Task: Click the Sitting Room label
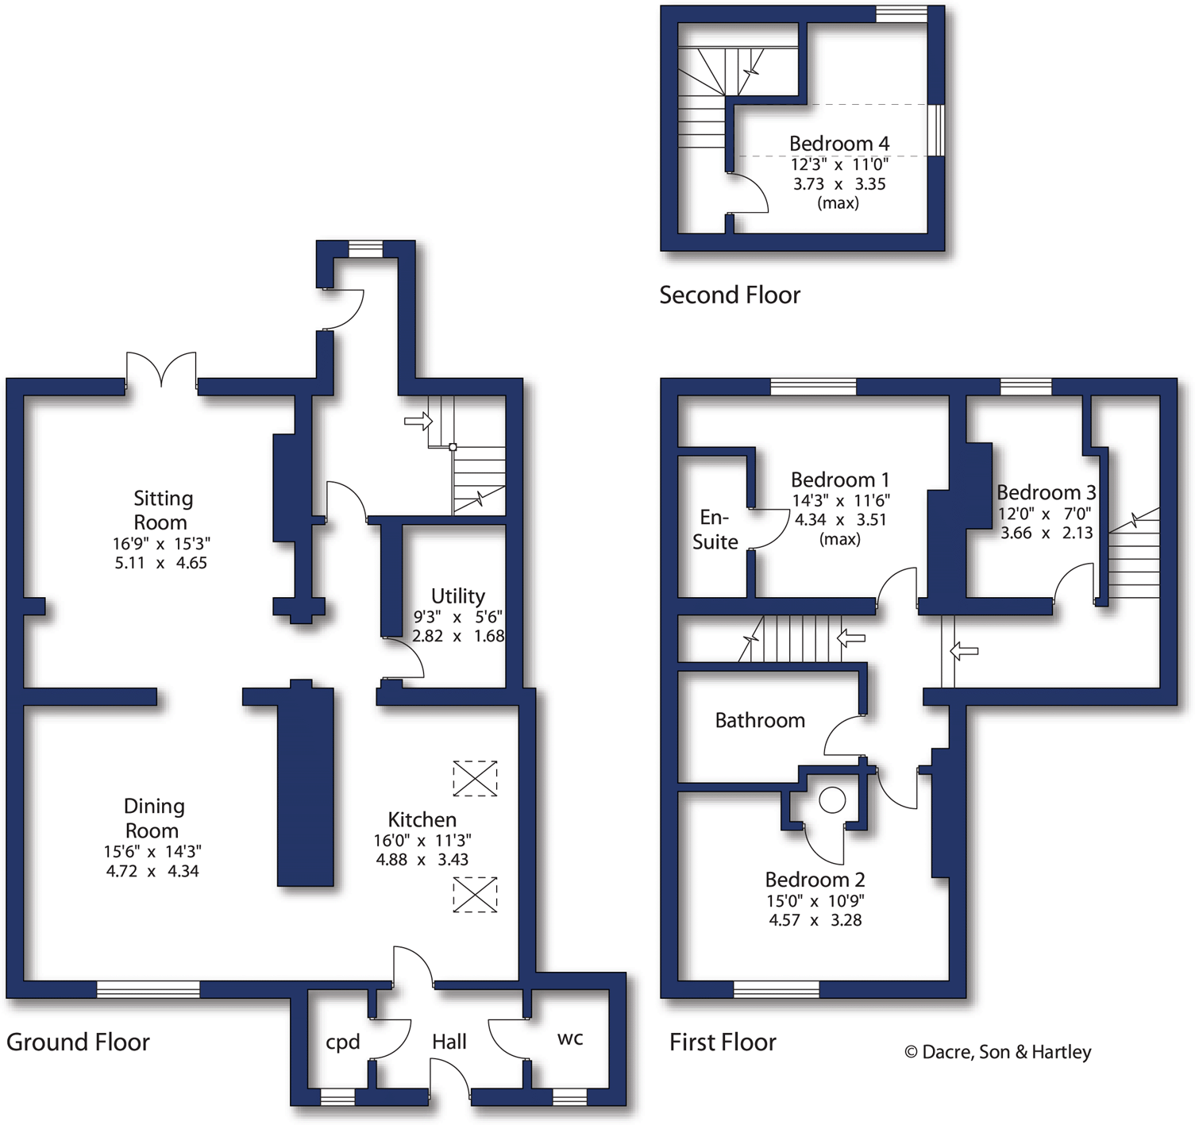161,510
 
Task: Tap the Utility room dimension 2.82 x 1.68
457,636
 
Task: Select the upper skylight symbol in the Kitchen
475,778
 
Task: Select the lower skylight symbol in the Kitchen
475,895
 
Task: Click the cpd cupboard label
343,1042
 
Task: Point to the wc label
570,1038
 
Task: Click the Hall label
449,1042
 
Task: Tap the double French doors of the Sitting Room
161,370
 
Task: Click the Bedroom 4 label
838,144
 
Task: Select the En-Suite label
715,530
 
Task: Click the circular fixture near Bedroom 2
832,799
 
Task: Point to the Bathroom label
760,720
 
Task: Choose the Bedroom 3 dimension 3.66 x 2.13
1046,533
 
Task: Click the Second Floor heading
729,295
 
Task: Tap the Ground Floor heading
78,1042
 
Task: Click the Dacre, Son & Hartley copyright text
997,1052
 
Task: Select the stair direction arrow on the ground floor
417,421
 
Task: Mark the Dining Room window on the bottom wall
148,988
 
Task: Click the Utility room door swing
405,659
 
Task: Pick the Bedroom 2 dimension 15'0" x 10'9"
815,901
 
